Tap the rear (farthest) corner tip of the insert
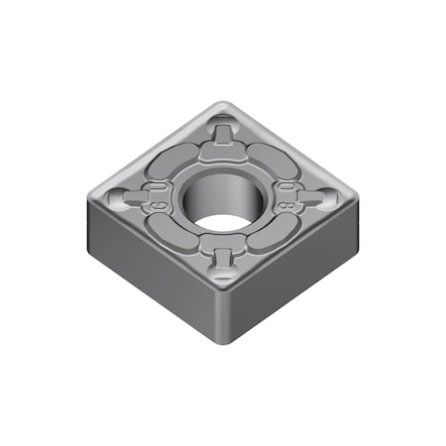[228, 105]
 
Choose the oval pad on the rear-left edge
[175, 160]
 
